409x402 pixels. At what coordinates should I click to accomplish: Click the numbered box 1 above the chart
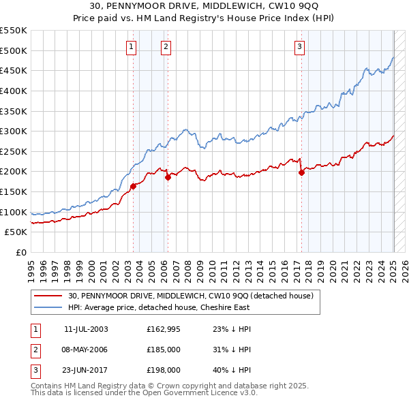click(x=130, y=47)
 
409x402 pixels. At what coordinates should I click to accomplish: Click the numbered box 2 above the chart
click(x=166, y=47)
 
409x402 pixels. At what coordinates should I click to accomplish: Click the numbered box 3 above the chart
click(x=300, y=47)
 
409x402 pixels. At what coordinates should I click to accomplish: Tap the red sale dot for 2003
click(x=134, y=186)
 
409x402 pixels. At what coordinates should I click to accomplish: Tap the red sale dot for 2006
click(x=168, y=177)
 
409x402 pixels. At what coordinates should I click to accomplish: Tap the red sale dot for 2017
click(x=301, y=172)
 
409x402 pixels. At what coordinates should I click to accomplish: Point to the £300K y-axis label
click(x=13, y=131)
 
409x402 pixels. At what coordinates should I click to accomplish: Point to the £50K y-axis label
click(x=16, y=232)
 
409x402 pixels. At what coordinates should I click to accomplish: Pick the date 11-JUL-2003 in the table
click(x=85, y=329)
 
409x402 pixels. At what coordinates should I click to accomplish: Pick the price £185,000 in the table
click(x=164, y=350)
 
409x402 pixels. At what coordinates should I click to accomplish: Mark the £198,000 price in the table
click(x=164, y=370)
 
